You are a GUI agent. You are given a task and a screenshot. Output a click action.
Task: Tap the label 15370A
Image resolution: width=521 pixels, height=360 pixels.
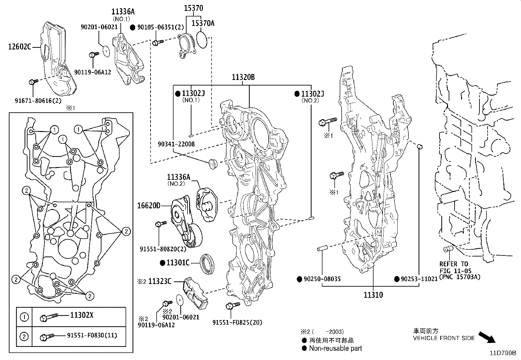203,23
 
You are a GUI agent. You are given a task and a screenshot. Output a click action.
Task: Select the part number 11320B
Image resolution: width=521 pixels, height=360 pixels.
243,77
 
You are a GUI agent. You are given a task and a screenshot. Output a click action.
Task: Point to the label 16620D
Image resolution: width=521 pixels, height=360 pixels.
149,206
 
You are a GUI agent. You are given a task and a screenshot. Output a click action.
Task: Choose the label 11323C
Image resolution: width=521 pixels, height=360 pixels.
160,281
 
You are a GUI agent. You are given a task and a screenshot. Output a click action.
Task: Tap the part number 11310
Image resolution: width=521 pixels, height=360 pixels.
373,295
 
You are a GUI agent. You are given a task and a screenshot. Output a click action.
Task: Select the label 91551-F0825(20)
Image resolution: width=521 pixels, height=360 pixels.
237,322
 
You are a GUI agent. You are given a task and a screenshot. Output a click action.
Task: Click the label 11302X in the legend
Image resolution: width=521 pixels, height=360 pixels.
82,315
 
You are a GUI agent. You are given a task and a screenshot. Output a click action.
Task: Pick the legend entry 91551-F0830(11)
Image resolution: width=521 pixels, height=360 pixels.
92,335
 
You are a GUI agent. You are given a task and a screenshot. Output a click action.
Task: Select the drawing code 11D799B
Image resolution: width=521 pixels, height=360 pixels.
503,353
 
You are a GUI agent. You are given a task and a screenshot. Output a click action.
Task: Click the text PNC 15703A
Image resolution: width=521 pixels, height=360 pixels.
459,277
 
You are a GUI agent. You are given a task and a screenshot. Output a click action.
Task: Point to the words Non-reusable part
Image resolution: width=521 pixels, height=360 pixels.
335,348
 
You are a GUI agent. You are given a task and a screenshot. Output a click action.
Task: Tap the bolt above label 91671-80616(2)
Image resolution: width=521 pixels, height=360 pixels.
33,82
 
